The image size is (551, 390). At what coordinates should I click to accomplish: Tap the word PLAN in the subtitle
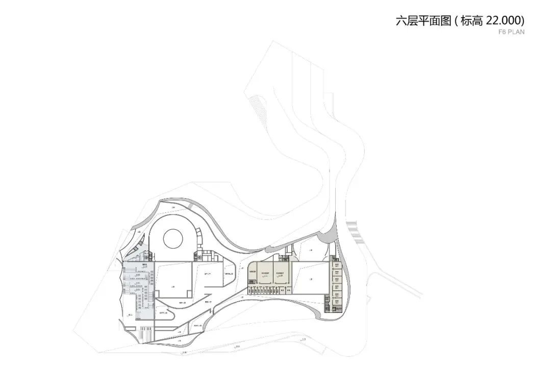coord(516,32)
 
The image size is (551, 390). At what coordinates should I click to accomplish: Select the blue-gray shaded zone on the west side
coord(138,291)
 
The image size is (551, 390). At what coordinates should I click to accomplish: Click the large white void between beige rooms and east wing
coord(309,278)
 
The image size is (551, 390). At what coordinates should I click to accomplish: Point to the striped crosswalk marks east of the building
coord(355,232)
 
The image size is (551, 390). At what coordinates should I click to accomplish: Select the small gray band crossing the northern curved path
coord(190,205)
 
